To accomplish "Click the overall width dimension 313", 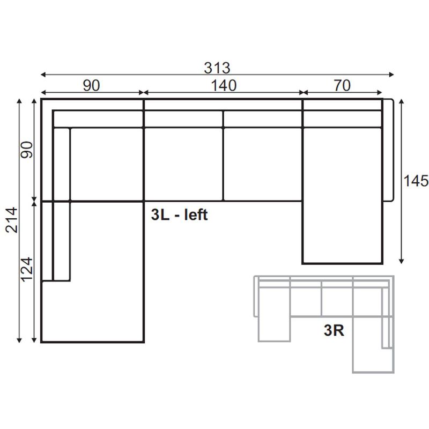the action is (217, 68).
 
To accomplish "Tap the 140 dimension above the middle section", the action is (224, 85).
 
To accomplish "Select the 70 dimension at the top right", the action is (342, 85).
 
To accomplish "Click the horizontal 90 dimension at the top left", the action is (91, 85).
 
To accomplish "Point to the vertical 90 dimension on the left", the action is (27, 150).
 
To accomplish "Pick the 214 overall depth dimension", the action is (12, 220).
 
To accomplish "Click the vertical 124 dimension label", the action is (27, 270).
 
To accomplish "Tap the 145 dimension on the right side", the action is (416, 181).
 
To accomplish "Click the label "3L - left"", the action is (180, 214).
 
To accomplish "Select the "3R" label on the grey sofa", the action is (334, 330).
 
